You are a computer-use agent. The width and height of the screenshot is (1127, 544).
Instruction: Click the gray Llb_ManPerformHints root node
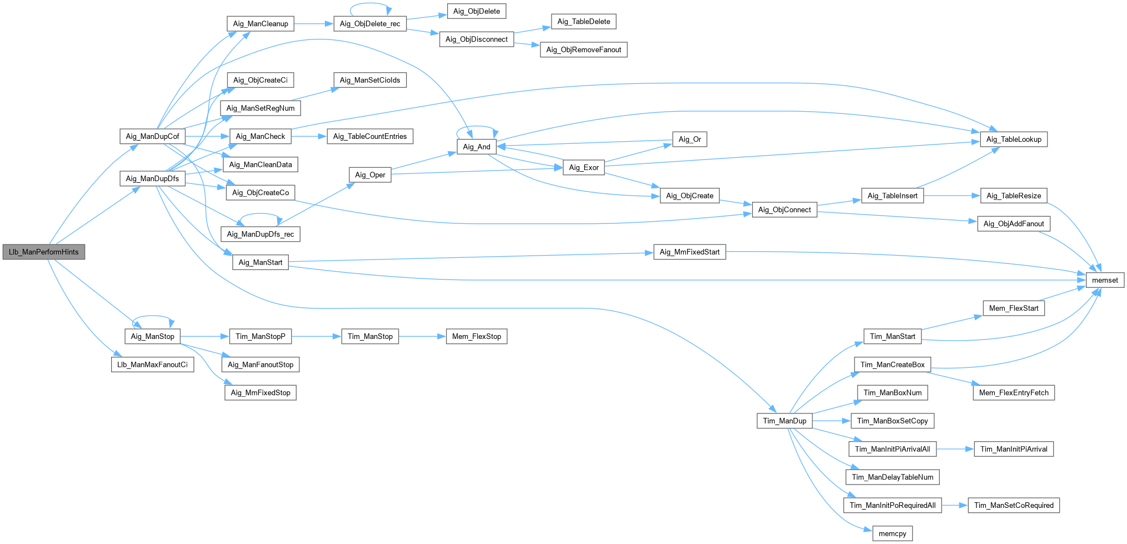(44, 252)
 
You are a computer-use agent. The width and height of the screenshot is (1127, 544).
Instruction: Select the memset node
(1105, 280)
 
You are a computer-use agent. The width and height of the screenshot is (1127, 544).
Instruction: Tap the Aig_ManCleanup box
(261, 24)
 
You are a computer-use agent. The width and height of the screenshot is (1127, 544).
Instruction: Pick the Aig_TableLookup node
(1014, 139)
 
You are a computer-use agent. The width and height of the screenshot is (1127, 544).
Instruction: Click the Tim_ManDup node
(784, 421)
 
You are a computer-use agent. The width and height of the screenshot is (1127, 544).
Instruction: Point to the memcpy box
(892, 533)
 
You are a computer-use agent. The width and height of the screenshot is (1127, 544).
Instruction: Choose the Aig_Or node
(689, 139)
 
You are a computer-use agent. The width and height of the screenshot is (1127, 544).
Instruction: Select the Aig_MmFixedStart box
(689, 252)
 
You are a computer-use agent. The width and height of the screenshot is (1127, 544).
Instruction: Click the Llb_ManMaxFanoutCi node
(152, 365)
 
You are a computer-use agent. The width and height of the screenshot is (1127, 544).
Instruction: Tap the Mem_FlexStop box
(477, 336)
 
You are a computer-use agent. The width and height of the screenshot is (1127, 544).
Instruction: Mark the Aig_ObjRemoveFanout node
(584, 49)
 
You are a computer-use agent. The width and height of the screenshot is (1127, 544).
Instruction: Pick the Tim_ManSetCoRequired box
(1014, 505)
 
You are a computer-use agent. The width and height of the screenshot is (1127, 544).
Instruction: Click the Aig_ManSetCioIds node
(370, 80)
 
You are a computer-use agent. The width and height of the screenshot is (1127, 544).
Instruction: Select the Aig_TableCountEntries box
(370, 136)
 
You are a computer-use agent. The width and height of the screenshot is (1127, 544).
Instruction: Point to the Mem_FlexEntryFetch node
(1014, 392)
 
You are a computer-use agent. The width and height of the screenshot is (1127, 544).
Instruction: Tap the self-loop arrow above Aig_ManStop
(153, 316)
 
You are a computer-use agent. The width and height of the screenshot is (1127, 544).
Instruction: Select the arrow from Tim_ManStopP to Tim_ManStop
(317, 336)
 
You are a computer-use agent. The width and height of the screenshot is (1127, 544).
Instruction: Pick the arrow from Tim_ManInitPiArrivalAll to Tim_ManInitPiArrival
(955, 449)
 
